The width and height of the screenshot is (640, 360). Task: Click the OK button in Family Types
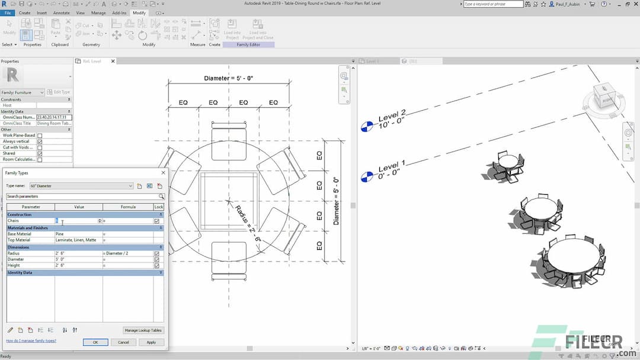coord(95,342)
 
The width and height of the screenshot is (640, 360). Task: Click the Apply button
coord(151,342)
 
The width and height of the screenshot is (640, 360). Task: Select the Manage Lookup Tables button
coord(143,330)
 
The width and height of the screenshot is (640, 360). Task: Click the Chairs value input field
coord(77,221)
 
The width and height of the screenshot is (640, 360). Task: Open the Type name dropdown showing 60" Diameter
coord(82,186)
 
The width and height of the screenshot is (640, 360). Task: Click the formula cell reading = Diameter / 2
coord(127,253)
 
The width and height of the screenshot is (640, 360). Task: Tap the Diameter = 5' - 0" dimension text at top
coord(228,78)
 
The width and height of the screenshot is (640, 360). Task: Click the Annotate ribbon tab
coord(61,12)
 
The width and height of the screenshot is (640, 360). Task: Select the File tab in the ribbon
coord(8,12)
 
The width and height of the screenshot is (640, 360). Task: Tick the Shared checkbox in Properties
coord(40,153)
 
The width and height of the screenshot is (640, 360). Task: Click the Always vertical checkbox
coord(40,142)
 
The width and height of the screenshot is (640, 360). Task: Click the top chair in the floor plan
coord(229,140)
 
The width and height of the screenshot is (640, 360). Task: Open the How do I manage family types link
coord(31,341)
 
